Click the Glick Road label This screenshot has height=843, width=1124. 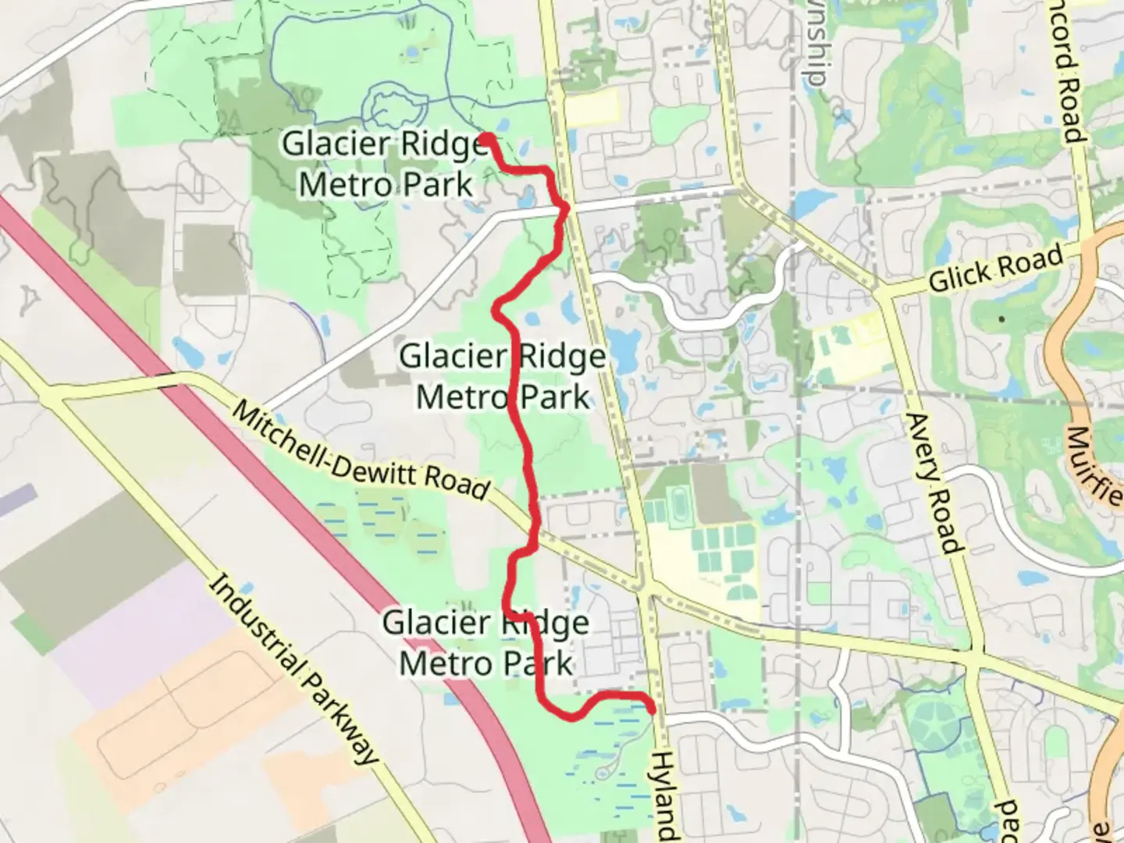pyautogui.click(x=995, y=269)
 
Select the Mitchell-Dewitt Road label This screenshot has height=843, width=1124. pyautogui.click(x=361, y=452)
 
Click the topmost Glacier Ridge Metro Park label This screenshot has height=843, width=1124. pyautogui.click(x=386, y=164)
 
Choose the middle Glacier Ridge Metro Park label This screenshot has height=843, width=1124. pyautogui.click(x=503, y=376)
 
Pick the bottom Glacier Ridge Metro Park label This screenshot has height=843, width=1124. pyautogui.click(x=486, y=643)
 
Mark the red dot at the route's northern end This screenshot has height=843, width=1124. pyautogui.click(x=485, y=139)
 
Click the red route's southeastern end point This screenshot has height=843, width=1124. pyautogui.click(x=651, y=708)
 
